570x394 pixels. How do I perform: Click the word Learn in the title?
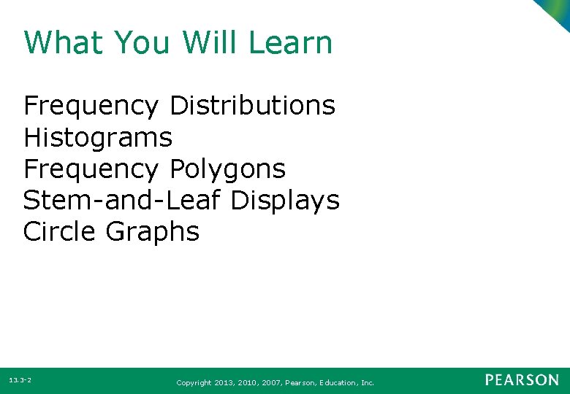point(290,43)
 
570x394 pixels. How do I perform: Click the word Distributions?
point(252,106)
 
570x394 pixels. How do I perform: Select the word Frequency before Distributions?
point(91,106)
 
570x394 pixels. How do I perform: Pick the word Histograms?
point(98,137)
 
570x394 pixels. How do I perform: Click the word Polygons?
point(227,169)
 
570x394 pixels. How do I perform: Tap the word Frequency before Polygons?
point(91,169)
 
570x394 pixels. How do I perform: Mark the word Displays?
point(285,200)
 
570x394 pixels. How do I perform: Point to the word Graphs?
point(152,232)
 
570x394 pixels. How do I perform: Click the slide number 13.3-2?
point(20,381)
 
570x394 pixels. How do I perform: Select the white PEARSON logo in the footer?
point(522,380)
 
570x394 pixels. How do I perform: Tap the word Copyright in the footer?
point(194,382)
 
